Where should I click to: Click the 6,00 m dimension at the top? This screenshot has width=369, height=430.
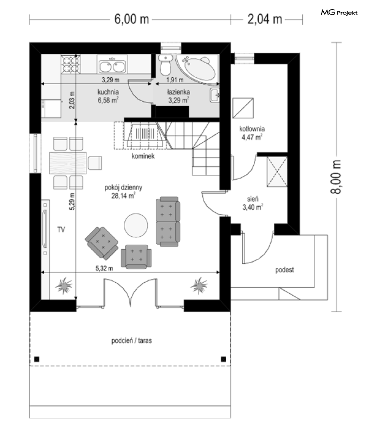(131, 19)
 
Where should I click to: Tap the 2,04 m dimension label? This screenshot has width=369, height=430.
(265, 19)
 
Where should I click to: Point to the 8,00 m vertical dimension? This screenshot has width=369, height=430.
(336, 177)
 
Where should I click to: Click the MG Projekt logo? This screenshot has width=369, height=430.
(339, 13)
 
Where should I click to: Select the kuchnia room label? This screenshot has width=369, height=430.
(108, 92)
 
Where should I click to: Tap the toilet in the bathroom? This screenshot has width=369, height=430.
(166, 65)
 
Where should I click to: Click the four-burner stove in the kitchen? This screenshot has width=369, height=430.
(71, 64)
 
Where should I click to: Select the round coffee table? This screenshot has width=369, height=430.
(136, 225)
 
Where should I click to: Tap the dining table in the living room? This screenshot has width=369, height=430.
(68, 163)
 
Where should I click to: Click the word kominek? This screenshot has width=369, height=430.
(143, 156)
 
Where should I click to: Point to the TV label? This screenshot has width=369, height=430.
(61, 230)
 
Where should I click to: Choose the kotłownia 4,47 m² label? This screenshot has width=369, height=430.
(252, 133)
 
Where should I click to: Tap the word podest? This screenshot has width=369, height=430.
(285, 270)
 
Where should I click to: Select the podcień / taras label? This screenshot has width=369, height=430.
(131, 341)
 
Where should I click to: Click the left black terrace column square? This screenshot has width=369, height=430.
(37, 359)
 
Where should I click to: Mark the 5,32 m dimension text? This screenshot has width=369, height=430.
(104, 268)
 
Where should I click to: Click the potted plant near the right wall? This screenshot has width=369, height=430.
(199, 285)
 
